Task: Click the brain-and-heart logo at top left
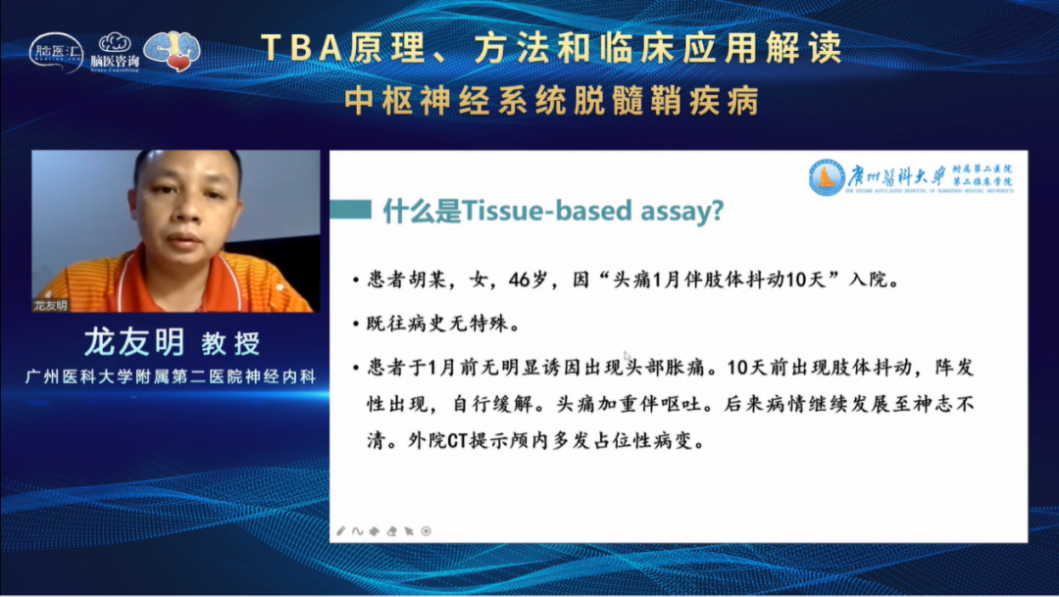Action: tap(173, 50)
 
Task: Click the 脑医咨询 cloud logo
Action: tap(115, 50)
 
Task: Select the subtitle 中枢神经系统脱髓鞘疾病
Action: tap(552, 101)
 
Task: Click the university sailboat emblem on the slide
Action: tap(827, 177)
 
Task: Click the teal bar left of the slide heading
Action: tap(351, 210)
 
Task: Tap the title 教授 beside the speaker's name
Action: tap(230, 344)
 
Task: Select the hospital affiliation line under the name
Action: tap(171, 377)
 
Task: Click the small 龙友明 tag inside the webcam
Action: tap(51, 305)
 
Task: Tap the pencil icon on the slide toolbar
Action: tap(341, 530)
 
